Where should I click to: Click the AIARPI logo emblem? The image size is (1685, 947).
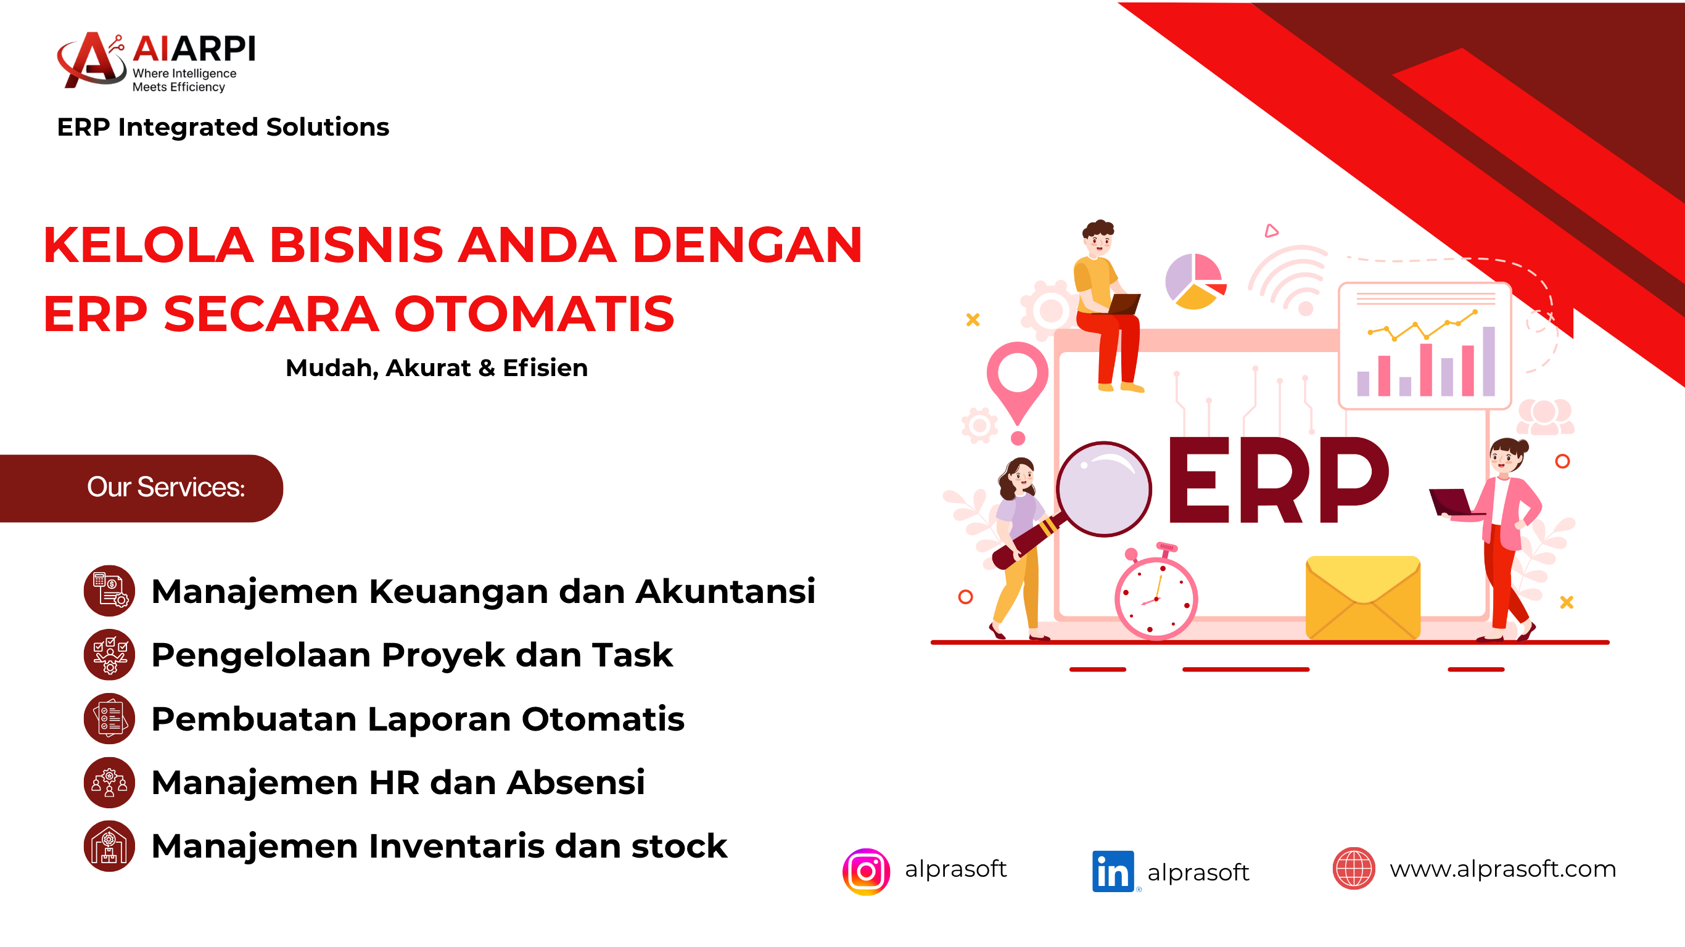click(91, 60)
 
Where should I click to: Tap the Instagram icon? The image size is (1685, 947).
click(866, 871)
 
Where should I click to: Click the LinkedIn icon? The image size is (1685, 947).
click(1113, 871)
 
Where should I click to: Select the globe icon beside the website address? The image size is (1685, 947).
click(1353, 869)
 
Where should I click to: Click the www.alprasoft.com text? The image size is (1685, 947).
click(1502, 869)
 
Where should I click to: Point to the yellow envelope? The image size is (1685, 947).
click(1362, 597)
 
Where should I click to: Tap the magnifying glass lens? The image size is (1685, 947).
click(1104, 489)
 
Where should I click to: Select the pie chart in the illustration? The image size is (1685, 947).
click(1195, 281)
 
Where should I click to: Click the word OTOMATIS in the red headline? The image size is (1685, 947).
click(534, 314)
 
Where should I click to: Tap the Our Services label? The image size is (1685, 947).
click(166, 487)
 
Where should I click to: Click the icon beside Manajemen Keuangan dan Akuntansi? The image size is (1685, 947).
click(109, 591)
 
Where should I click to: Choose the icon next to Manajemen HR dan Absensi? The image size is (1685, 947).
click(109, 782)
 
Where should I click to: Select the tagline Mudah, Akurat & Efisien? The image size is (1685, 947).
click(437, 368)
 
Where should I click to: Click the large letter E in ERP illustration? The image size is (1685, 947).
click(1193, 482)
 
